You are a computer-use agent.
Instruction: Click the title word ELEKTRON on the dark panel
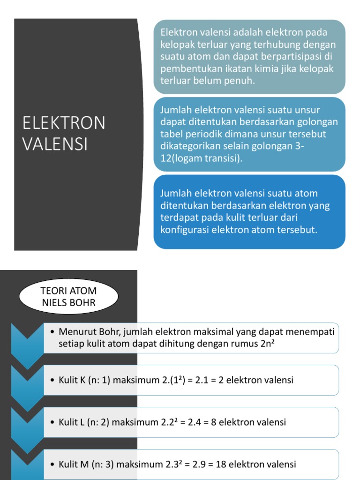[x=64, y=123]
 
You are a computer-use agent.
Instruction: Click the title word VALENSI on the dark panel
[x=55, y=144]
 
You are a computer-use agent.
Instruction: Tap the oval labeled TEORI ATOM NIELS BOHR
[x=69, y=297]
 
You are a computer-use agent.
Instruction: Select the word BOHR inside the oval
[x=82, y=303]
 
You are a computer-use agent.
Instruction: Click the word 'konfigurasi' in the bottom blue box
[x=184, y=230]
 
